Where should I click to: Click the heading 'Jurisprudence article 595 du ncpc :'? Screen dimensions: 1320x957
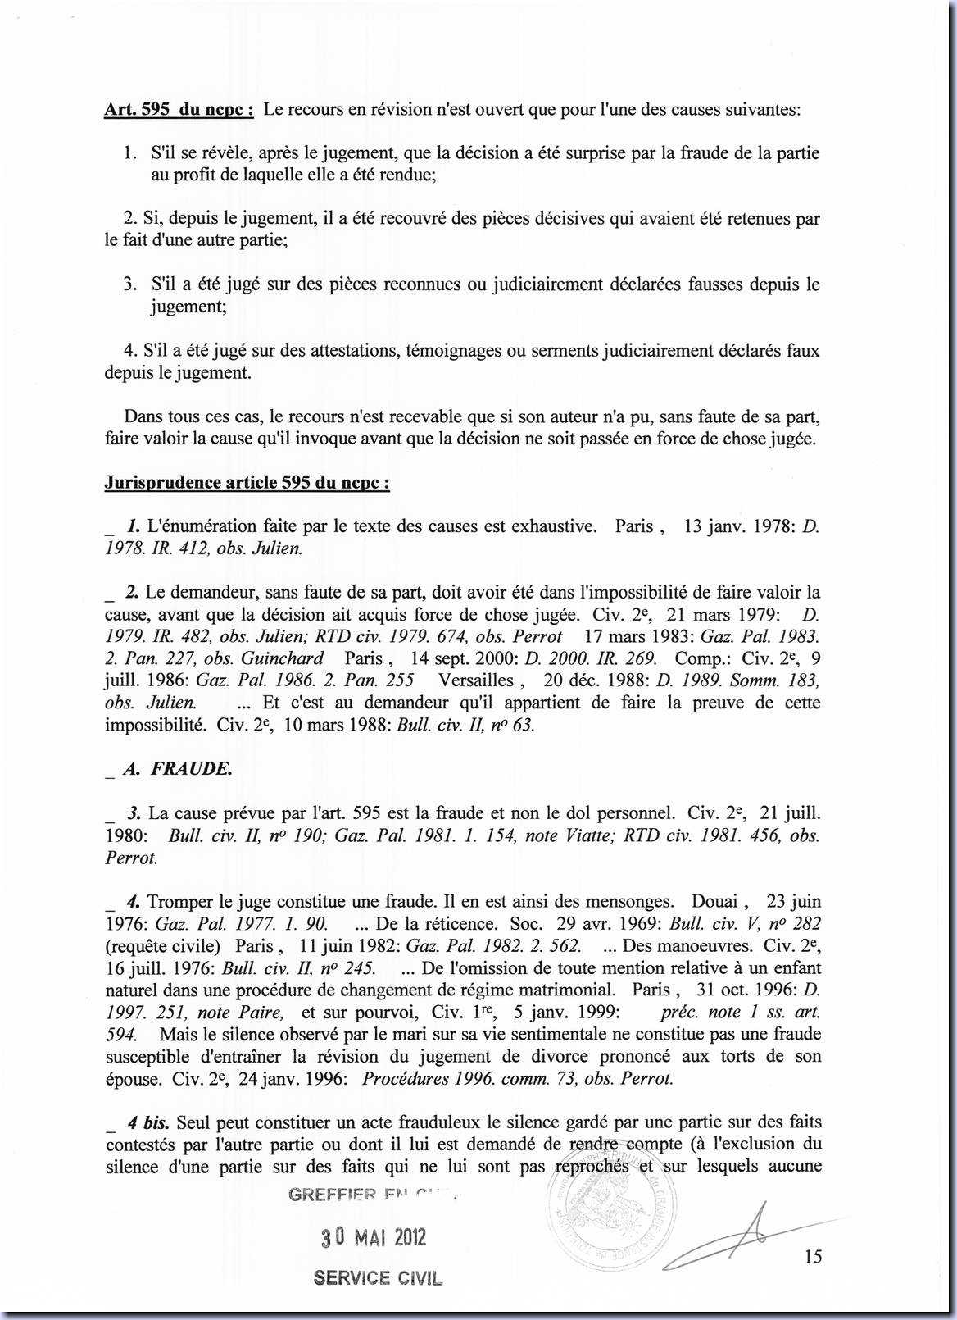247,482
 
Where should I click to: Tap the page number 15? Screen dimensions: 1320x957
813,1256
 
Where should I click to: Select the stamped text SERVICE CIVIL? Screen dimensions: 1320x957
378,1278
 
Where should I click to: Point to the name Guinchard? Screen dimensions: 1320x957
282,658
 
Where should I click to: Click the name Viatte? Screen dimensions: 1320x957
589,835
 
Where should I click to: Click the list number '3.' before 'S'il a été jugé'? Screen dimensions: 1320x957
130,284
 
